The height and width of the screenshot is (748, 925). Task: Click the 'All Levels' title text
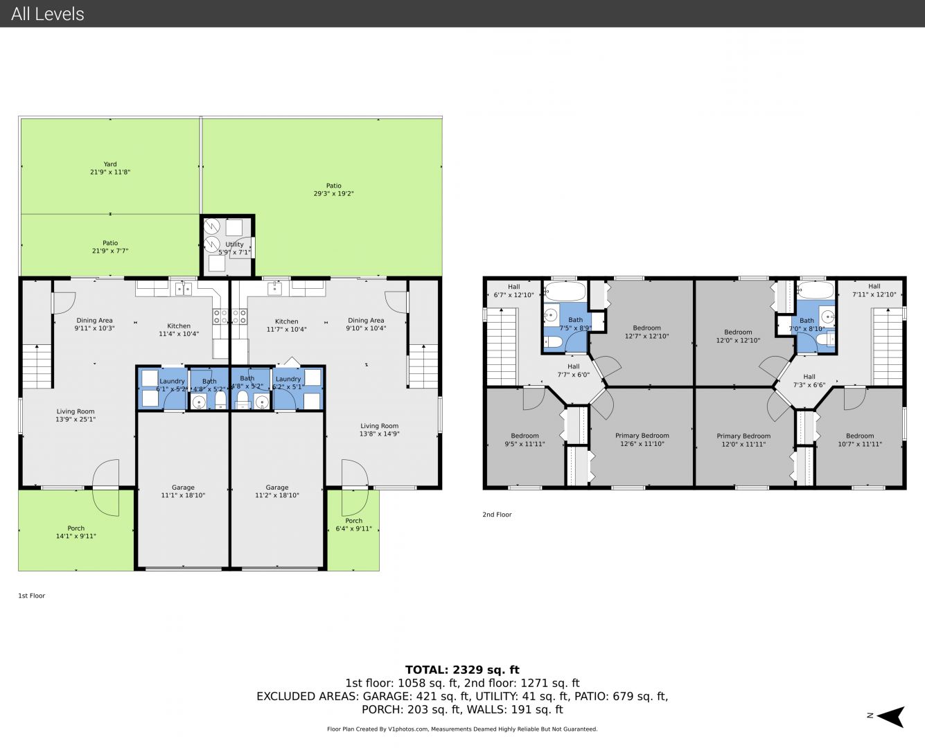pos(47,14)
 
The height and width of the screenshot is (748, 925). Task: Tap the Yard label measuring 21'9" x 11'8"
pos(110,168)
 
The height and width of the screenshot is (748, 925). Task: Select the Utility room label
pos(234,249)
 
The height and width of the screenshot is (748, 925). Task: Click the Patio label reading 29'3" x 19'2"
pos(333,190)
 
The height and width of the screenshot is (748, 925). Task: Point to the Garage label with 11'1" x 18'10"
pos(183,491)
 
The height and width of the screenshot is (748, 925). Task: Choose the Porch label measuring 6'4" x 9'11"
pos(353,524)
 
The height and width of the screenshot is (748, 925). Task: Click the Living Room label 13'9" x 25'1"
pos(76,415)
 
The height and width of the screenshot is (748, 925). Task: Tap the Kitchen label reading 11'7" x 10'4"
pos(287,325)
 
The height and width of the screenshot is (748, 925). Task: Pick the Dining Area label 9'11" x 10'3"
pos(95,324)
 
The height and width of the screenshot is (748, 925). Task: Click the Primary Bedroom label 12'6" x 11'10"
pos(642,439)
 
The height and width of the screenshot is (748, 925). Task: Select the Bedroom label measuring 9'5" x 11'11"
pos(525,439)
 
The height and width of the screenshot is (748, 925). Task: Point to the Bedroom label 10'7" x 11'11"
pos(860,440)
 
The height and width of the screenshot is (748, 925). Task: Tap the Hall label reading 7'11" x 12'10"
pos(874,290)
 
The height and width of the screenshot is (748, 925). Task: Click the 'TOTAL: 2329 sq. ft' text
pos(462,670)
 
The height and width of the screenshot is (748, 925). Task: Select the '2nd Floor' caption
pos(497,515)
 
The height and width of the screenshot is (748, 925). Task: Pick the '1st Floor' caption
pos(32,596)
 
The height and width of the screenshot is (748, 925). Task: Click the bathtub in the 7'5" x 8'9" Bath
pos(564,291)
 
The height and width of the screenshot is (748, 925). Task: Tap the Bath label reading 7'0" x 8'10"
pos(807,325)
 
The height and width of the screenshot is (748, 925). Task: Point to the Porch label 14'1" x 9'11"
pos(76,532)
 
